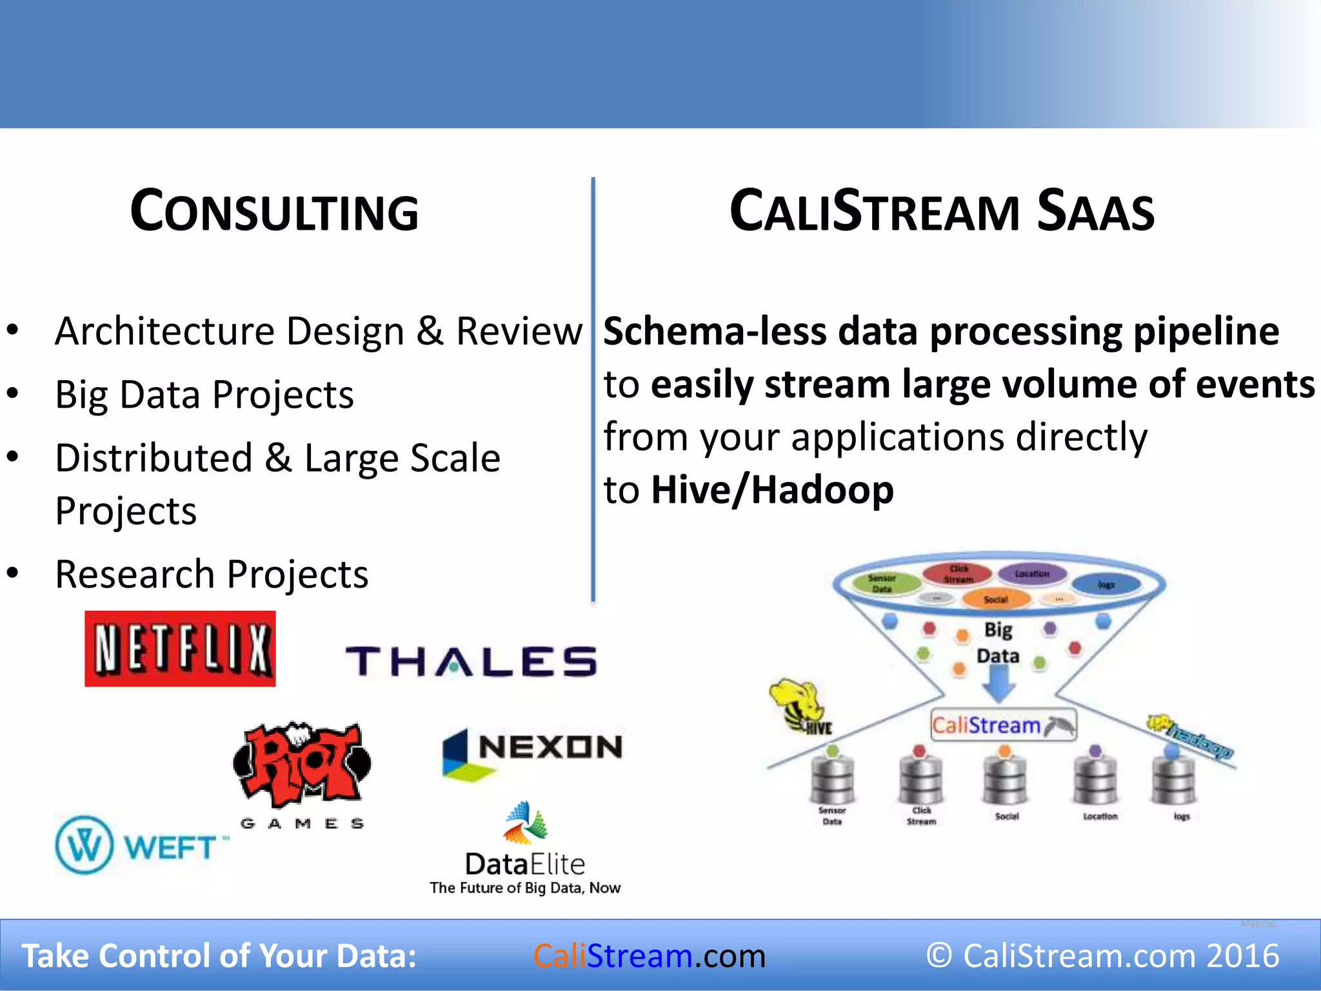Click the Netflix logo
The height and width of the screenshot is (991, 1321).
click(180, 648)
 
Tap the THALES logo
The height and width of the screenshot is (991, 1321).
click(472, 661)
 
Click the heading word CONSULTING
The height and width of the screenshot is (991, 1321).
click(275, 212)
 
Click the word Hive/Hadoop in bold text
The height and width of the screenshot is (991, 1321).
click(772, 490)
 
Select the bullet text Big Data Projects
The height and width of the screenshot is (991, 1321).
click(204, 394)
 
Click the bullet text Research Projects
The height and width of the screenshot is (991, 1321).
click(212, 574)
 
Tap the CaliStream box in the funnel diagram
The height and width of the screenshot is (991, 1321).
click(1003, 725)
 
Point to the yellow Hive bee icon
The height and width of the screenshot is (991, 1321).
click(797, 703)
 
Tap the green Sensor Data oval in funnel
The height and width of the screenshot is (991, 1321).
click(884, 583)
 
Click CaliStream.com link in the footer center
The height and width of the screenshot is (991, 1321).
click(650, 956)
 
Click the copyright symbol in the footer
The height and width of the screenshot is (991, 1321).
click(939, 956)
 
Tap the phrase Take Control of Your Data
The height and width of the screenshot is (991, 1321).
click(219, 956)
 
